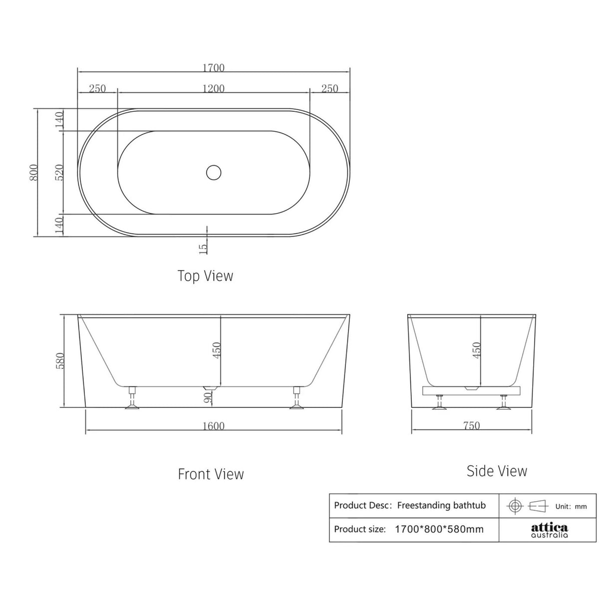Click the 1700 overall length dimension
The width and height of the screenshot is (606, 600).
(x=214, y=67)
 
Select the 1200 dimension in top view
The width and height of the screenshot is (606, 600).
(x=214, y=89)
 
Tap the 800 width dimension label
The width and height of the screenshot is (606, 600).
(x=33, y=173)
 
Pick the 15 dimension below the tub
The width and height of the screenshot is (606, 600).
(x=203, y=248)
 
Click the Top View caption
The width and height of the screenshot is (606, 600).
(x=205, y=276)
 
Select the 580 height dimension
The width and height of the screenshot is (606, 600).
(x=60, y=360)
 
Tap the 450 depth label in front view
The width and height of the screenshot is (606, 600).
(x=217, y=350)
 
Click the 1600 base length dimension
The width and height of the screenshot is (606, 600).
(x=214, y=426)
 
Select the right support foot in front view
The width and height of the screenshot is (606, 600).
(x=297, y=399)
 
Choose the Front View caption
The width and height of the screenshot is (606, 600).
(x=211, y=474)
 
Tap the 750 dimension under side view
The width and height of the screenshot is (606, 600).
(x=471, y=425)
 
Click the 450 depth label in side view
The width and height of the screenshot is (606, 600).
(x=476, y=350)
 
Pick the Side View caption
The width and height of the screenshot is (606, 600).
(x=497, y=471)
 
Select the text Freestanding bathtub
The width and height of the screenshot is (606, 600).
(x=441, y=505)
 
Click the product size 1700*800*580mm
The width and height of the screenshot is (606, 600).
(x=439, y=529)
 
